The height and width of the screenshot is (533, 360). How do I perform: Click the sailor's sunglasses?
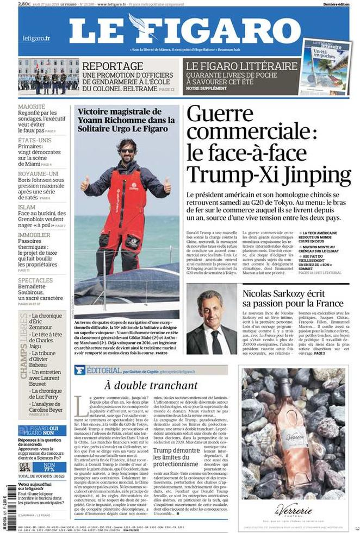[127, 151]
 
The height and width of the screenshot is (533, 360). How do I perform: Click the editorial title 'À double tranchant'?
[151, 385]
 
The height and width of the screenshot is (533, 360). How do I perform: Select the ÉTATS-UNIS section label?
[34, 140]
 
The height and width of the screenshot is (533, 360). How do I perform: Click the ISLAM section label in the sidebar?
[27, 207]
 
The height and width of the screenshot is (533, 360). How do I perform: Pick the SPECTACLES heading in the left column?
[35, 280]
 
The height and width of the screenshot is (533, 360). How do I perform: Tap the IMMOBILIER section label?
[34, 235]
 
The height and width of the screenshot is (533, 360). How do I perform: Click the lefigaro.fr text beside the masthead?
[36, 38]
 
